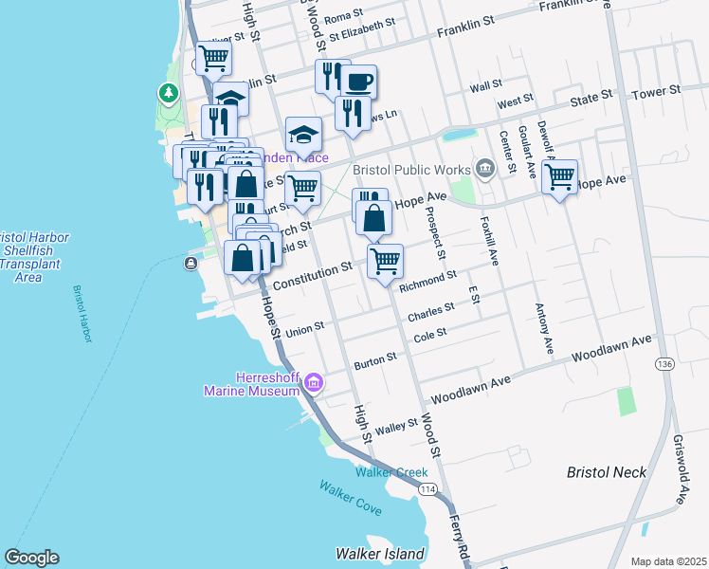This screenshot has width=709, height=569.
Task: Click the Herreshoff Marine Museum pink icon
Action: [314, 384]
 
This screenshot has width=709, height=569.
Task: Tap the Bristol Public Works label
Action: [411, 170]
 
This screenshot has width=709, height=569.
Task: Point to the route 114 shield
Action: [428, 487]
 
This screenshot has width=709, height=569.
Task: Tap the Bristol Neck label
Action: [606, 471]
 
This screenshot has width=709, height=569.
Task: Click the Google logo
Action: [31, 558]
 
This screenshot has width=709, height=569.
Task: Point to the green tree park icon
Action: [168, 93]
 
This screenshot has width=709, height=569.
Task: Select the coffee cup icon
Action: [357, 82]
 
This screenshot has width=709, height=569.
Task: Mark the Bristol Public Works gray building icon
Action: [485, 169]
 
